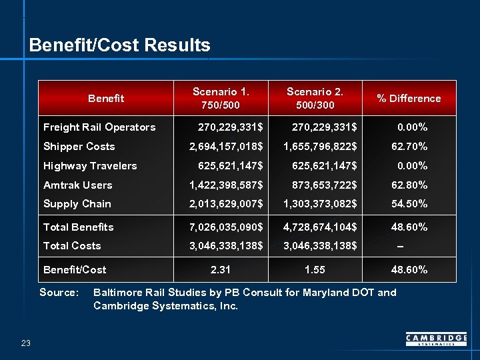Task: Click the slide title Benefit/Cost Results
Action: tap(120, 45)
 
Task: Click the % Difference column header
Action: tap(409, 99)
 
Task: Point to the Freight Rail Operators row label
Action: tap(99, 127)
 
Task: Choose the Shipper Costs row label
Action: tap(79, 147)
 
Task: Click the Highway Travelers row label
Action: tap(90, 166)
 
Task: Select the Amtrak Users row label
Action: tap(77, 185)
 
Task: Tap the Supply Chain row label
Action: tap(77, 204)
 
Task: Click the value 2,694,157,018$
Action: tap(226, 147)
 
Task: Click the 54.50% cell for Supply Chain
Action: tap(409, 204)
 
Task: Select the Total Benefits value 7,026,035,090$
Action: tap(226, 227)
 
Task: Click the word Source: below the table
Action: tap(59, 293)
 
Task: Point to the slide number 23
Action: tap(26, 343)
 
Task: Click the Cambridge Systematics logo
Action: tap(436, 340)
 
